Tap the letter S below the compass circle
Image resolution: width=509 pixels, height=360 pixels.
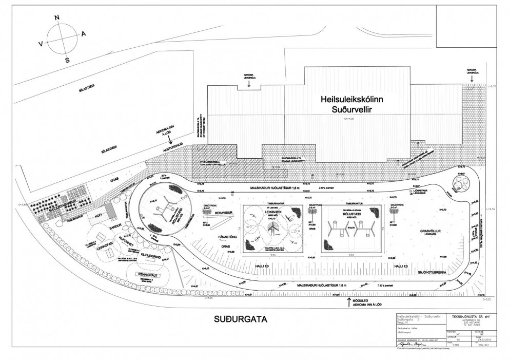click(67, 60)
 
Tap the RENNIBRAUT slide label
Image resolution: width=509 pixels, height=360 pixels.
click(147, 275)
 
